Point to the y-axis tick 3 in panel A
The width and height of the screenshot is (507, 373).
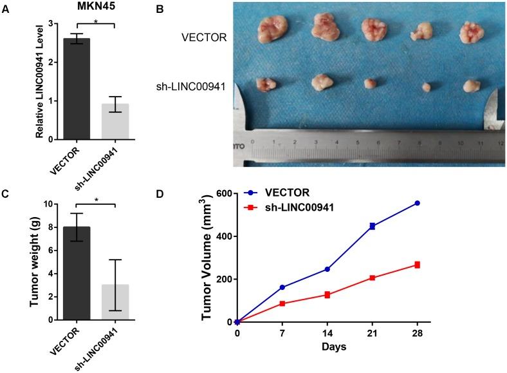pyautogui.click(x=53, y=24)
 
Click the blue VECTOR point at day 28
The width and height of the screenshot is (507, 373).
pyautogui.click(x=417, y=203)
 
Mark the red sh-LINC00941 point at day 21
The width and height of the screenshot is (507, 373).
pyautogui.click(x=372, y=278)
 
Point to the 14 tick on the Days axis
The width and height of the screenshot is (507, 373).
pyautogui.click(x=327, y=333)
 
